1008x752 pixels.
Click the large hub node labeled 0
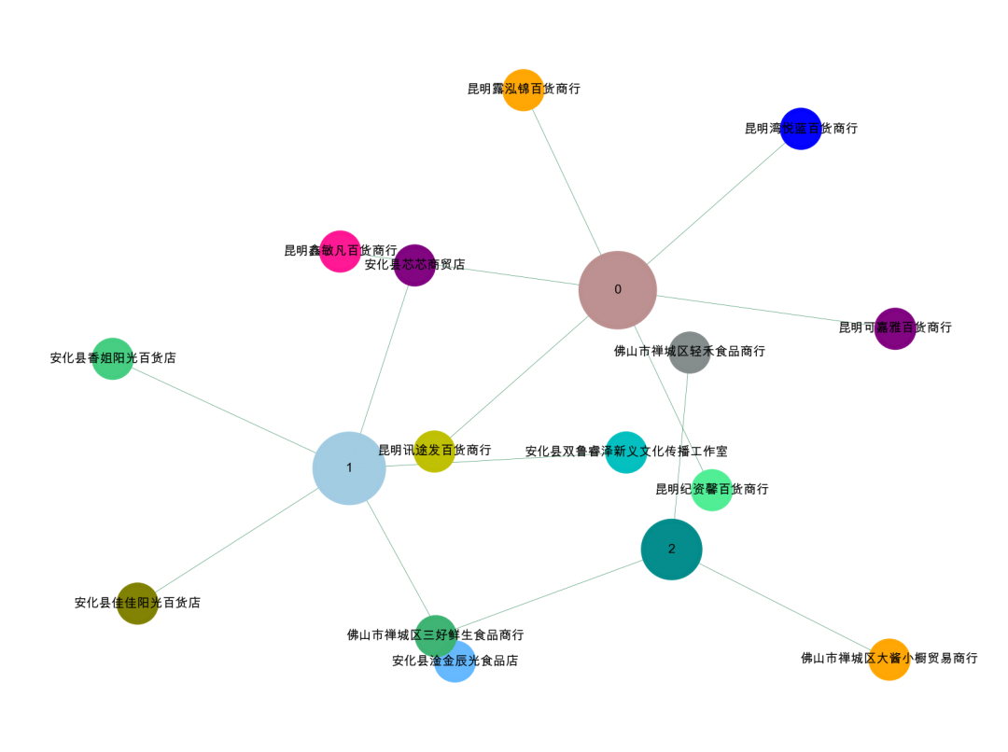coord(618,290)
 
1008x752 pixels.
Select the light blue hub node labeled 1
coord(349,468)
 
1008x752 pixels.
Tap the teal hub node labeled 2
coord(672,550)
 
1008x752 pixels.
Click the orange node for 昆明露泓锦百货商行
coord(524,90)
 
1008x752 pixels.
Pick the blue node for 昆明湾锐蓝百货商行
coord(801,129)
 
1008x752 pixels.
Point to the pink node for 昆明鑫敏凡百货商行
coord(340,251)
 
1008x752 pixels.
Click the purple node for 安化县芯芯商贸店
coord(414,265)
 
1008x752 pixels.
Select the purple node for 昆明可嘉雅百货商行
coord(895,328)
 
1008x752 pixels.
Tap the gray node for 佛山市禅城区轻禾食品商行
coord(690,352)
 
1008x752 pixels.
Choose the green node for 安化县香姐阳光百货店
coord(112,358)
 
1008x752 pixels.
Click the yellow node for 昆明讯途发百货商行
coord(434,451)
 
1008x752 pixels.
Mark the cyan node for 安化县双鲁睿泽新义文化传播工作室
coord(626,452)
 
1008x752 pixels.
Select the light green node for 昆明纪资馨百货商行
coord(712,490)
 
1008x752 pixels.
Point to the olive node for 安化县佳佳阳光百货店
coord(137,603)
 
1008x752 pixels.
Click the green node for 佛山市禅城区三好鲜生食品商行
coord(436,635)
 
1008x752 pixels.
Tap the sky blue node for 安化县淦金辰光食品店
coord(455,661)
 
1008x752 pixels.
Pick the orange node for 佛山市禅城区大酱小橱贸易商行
coord(889,659)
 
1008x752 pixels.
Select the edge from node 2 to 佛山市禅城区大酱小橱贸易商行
coord(784,606)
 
